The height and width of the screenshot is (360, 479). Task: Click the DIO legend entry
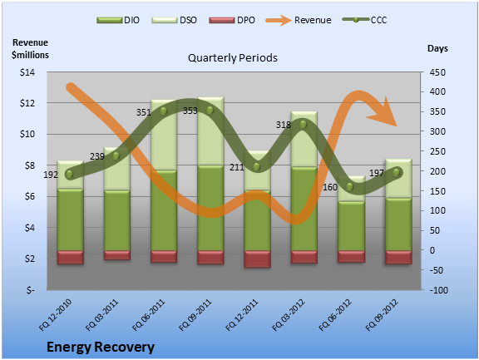pyautogui.click(x=118, y=20)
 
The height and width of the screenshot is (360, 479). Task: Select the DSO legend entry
pyautogui.click(x=174, y=20)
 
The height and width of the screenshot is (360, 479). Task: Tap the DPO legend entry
pyautogui.click(x=232, y=20)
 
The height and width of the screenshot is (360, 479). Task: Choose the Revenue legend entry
pyautogui.click(x=299, y=20)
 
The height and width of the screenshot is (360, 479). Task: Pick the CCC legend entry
pyautogui.click(x=365, y=20)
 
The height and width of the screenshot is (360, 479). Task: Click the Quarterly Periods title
pyautogui.click(x=233, y=57)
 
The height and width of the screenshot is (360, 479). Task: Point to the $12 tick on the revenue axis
pyautogui.click(x=27, y=103)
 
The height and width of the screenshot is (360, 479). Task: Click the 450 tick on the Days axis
pyautogui.click(x=437, y=72)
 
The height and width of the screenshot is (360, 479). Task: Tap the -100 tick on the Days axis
pyautogui.click(x=439, y=290)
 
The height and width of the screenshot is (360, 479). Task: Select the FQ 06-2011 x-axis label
pyautogui.click(x=149, y=315)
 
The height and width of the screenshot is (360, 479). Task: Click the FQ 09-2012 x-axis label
pyautogui.click(x=382, y=315)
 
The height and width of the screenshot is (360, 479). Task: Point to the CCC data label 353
pyautogui.click(x=190, y=111)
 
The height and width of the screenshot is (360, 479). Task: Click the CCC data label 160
pyautogui.click(x=330, y=187)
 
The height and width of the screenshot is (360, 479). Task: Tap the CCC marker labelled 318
pyautogui.click(x=303, y=124)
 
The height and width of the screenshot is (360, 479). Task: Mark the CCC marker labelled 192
pyautogui.click(x=69, y=175)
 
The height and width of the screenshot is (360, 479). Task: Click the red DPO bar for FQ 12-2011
pyautogui.click(x=257, y=259)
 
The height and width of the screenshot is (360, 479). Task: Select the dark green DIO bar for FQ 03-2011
pyautogui.click(x=117, y=220)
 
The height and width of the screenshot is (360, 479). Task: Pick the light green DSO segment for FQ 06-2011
pyautogui.click(x=164, y=135)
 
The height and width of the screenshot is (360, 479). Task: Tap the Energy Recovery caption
pyautogui.click(x=101, y=348)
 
